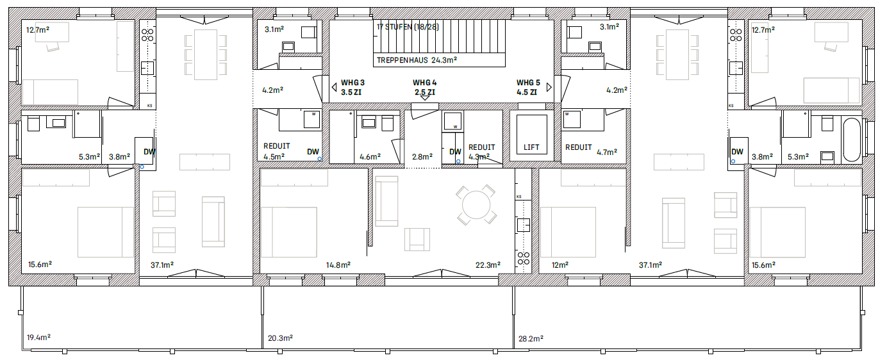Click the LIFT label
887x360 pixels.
(531, 147)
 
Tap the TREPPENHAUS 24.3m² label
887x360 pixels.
(417, 60)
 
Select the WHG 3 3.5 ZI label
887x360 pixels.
(352, 87)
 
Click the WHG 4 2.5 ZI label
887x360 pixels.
(424, 87)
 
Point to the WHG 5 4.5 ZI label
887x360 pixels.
(528, 87)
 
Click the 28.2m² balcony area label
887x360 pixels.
(531, 339)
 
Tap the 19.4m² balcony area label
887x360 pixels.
(38, 338)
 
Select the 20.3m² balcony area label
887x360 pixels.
(280, 338)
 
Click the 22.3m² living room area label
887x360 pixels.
(488, 265)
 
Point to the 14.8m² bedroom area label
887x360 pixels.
(338, 265)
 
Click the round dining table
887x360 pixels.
(476, 205)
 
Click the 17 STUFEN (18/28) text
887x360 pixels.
(408, 27)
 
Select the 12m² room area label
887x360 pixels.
(560, 265)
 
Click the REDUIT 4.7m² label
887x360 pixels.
(591, 149)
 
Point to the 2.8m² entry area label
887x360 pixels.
(422, 157)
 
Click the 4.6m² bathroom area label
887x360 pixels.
(370, 157)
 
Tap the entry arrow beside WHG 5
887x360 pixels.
(549, 87)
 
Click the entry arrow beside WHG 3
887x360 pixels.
(334, 87)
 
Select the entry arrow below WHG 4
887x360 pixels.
(424, 98)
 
